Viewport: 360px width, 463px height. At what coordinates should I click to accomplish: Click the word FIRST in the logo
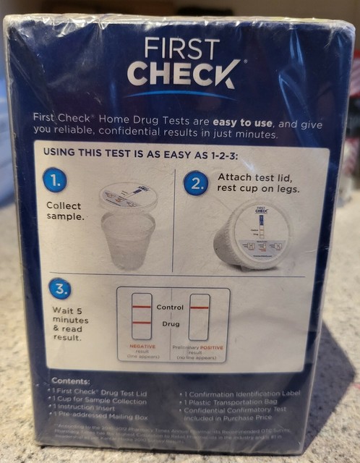(181, 48)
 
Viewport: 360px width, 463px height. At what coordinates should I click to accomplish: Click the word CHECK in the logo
(183, 74)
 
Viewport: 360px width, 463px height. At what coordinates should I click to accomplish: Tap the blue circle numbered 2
(194, 183)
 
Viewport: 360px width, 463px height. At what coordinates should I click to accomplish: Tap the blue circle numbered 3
(60, 289)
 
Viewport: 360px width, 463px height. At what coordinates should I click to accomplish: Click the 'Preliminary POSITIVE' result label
(201, 351)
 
